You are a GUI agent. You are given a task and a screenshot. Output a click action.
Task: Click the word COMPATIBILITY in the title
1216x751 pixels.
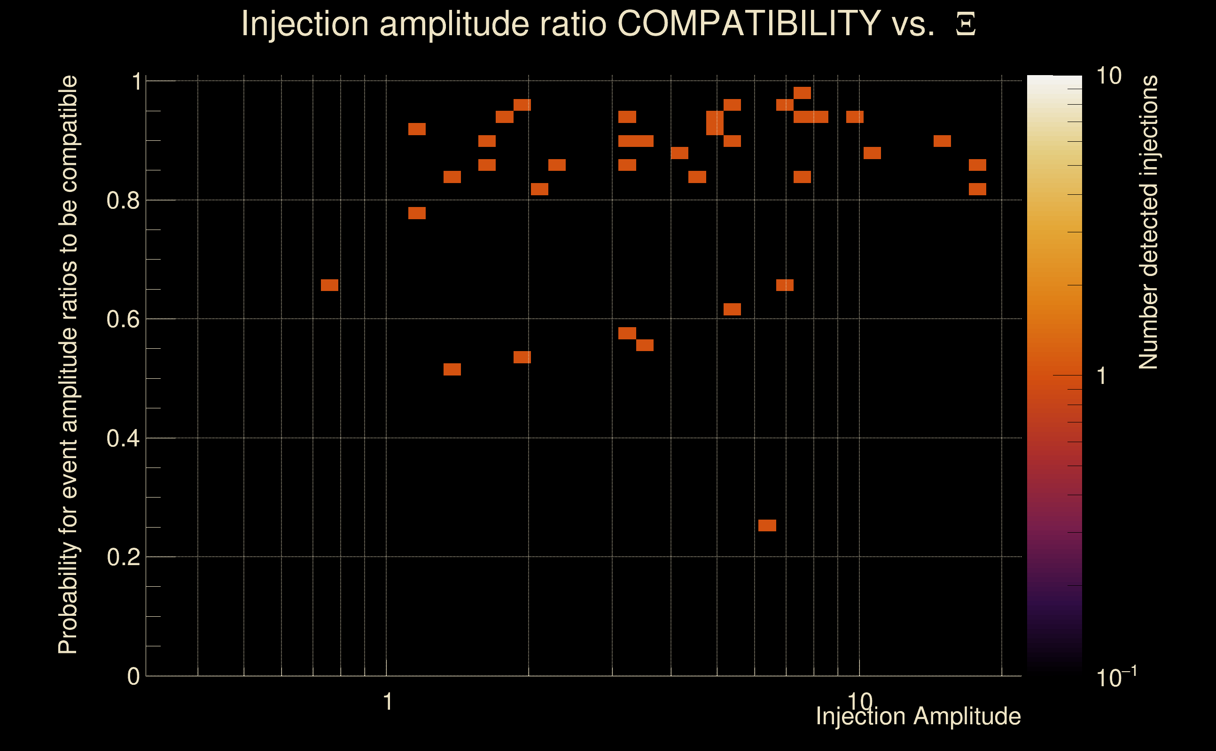click(748, 23)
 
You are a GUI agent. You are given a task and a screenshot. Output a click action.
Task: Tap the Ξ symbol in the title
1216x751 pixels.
click(966, 24)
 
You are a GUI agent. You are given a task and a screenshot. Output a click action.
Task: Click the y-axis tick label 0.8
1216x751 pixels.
click(123, 201)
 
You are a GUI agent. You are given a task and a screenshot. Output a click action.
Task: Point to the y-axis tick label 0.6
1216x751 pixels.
click(123, 319)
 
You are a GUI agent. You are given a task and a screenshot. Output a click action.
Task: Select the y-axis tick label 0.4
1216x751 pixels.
click(123, 438)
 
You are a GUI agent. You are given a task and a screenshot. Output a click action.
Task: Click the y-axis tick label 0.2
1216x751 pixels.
click(123, 557)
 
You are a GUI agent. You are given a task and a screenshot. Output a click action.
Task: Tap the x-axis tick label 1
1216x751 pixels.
click(388, 702)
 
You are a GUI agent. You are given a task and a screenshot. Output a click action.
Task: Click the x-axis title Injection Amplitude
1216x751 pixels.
click(918, 716)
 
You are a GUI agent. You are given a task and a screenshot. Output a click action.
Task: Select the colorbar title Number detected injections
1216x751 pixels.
click(1148, 222)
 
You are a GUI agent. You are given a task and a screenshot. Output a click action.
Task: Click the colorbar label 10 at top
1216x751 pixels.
click(1108, 77)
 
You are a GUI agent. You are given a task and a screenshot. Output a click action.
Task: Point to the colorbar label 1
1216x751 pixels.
click(1102, 376)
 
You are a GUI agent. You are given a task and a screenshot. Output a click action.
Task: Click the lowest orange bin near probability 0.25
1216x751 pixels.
click(767, 526)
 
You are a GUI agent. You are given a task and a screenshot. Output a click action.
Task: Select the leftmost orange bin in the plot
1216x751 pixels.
click(329, 285)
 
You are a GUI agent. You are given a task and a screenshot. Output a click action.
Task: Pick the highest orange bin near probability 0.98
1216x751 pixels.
click(803, 93)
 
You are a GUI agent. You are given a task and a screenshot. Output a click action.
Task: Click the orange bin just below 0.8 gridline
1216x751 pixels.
click(417, 213)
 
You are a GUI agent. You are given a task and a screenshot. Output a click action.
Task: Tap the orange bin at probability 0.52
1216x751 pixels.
click(452, 369)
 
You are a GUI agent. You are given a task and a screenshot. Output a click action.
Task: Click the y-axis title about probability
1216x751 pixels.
click(68, 365)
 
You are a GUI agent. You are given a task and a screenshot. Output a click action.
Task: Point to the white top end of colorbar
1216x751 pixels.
click(1054, 79)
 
